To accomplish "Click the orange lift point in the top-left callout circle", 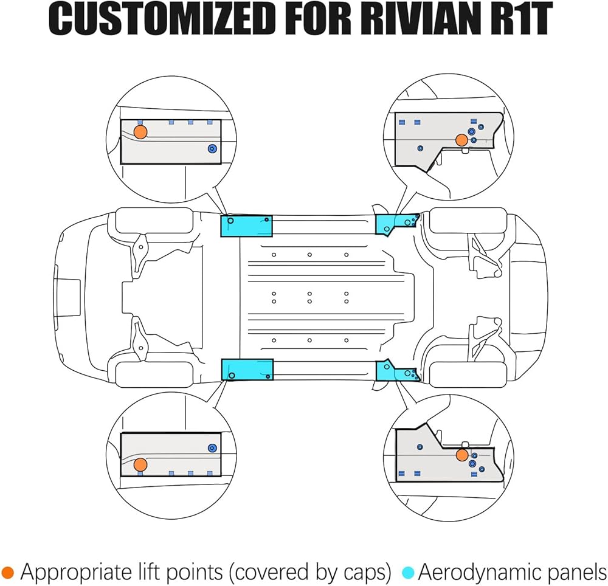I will pyautogui.click(x=140, y=132).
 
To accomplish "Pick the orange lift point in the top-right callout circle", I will pyautogui.click(x=461, y=140).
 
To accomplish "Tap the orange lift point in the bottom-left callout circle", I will pyautogui.click(x=140, y=465).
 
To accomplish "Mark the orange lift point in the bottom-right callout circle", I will pyautogui.click(x=462, y=455).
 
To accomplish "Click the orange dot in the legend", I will pyautogui.click(x=8, y=571).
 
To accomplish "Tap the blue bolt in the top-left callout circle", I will pyautogui.click(x=212, y=149).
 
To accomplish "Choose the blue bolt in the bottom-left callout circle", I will pyautogui.click(x=212, y=447).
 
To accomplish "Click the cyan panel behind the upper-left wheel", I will pyautogui.click(x=246, y=226).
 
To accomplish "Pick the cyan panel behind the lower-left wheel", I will pyautogui.click(x=246, y=369).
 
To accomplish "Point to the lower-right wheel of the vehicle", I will pyautogui.click(x=467, y=374).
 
